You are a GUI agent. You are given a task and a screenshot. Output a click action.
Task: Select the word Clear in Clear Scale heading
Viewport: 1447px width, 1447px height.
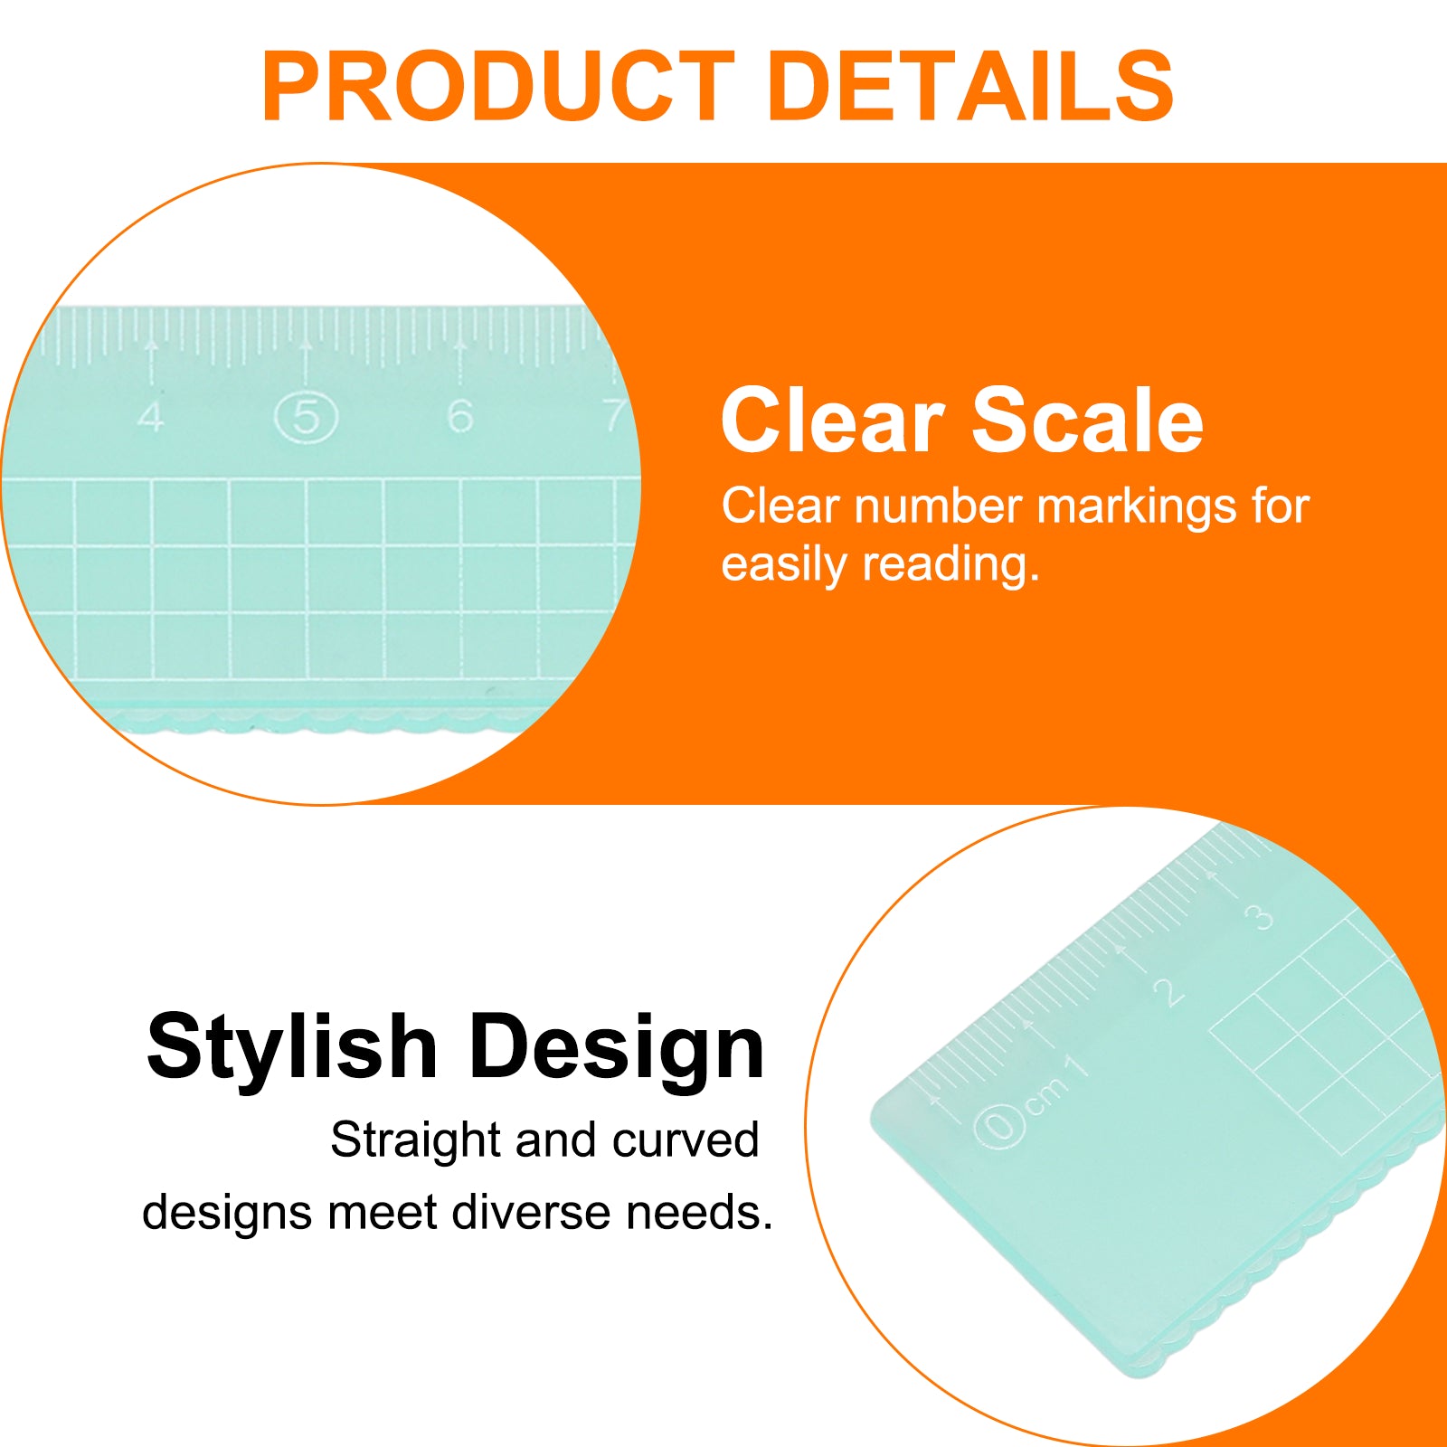tap(833, 420)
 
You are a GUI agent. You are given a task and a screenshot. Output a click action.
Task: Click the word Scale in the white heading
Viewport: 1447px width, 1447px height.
tap(1088, 420)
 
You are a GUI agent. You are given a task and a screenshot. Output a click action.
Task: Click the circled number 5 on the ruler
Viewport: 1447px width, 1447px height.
tap(306, 418)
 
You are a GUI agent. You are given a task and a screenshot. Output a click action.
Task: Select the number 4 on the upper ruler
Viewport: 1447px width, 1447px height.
tap(151, 416)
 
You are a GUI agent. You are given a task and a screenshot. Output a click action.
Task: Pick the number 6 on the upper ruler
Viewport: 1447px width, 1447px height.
tap(459, 416)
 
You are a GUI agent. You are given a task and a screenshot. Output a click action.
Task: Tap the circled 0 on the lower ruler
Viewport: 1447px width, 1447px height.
tap(999, 1127)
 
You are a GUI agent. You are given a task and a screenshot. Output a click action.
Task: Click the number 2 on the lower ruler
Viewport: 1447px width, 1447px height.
tap(1168, 991)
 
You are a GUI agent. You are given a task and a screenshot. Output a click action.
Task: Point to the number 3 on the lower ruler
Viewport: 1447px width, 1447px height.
tap(1259, 918)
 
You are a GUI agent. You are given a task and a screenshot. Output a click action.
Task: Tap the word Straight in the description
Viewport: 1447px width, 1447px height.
tap(415, 1140)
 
